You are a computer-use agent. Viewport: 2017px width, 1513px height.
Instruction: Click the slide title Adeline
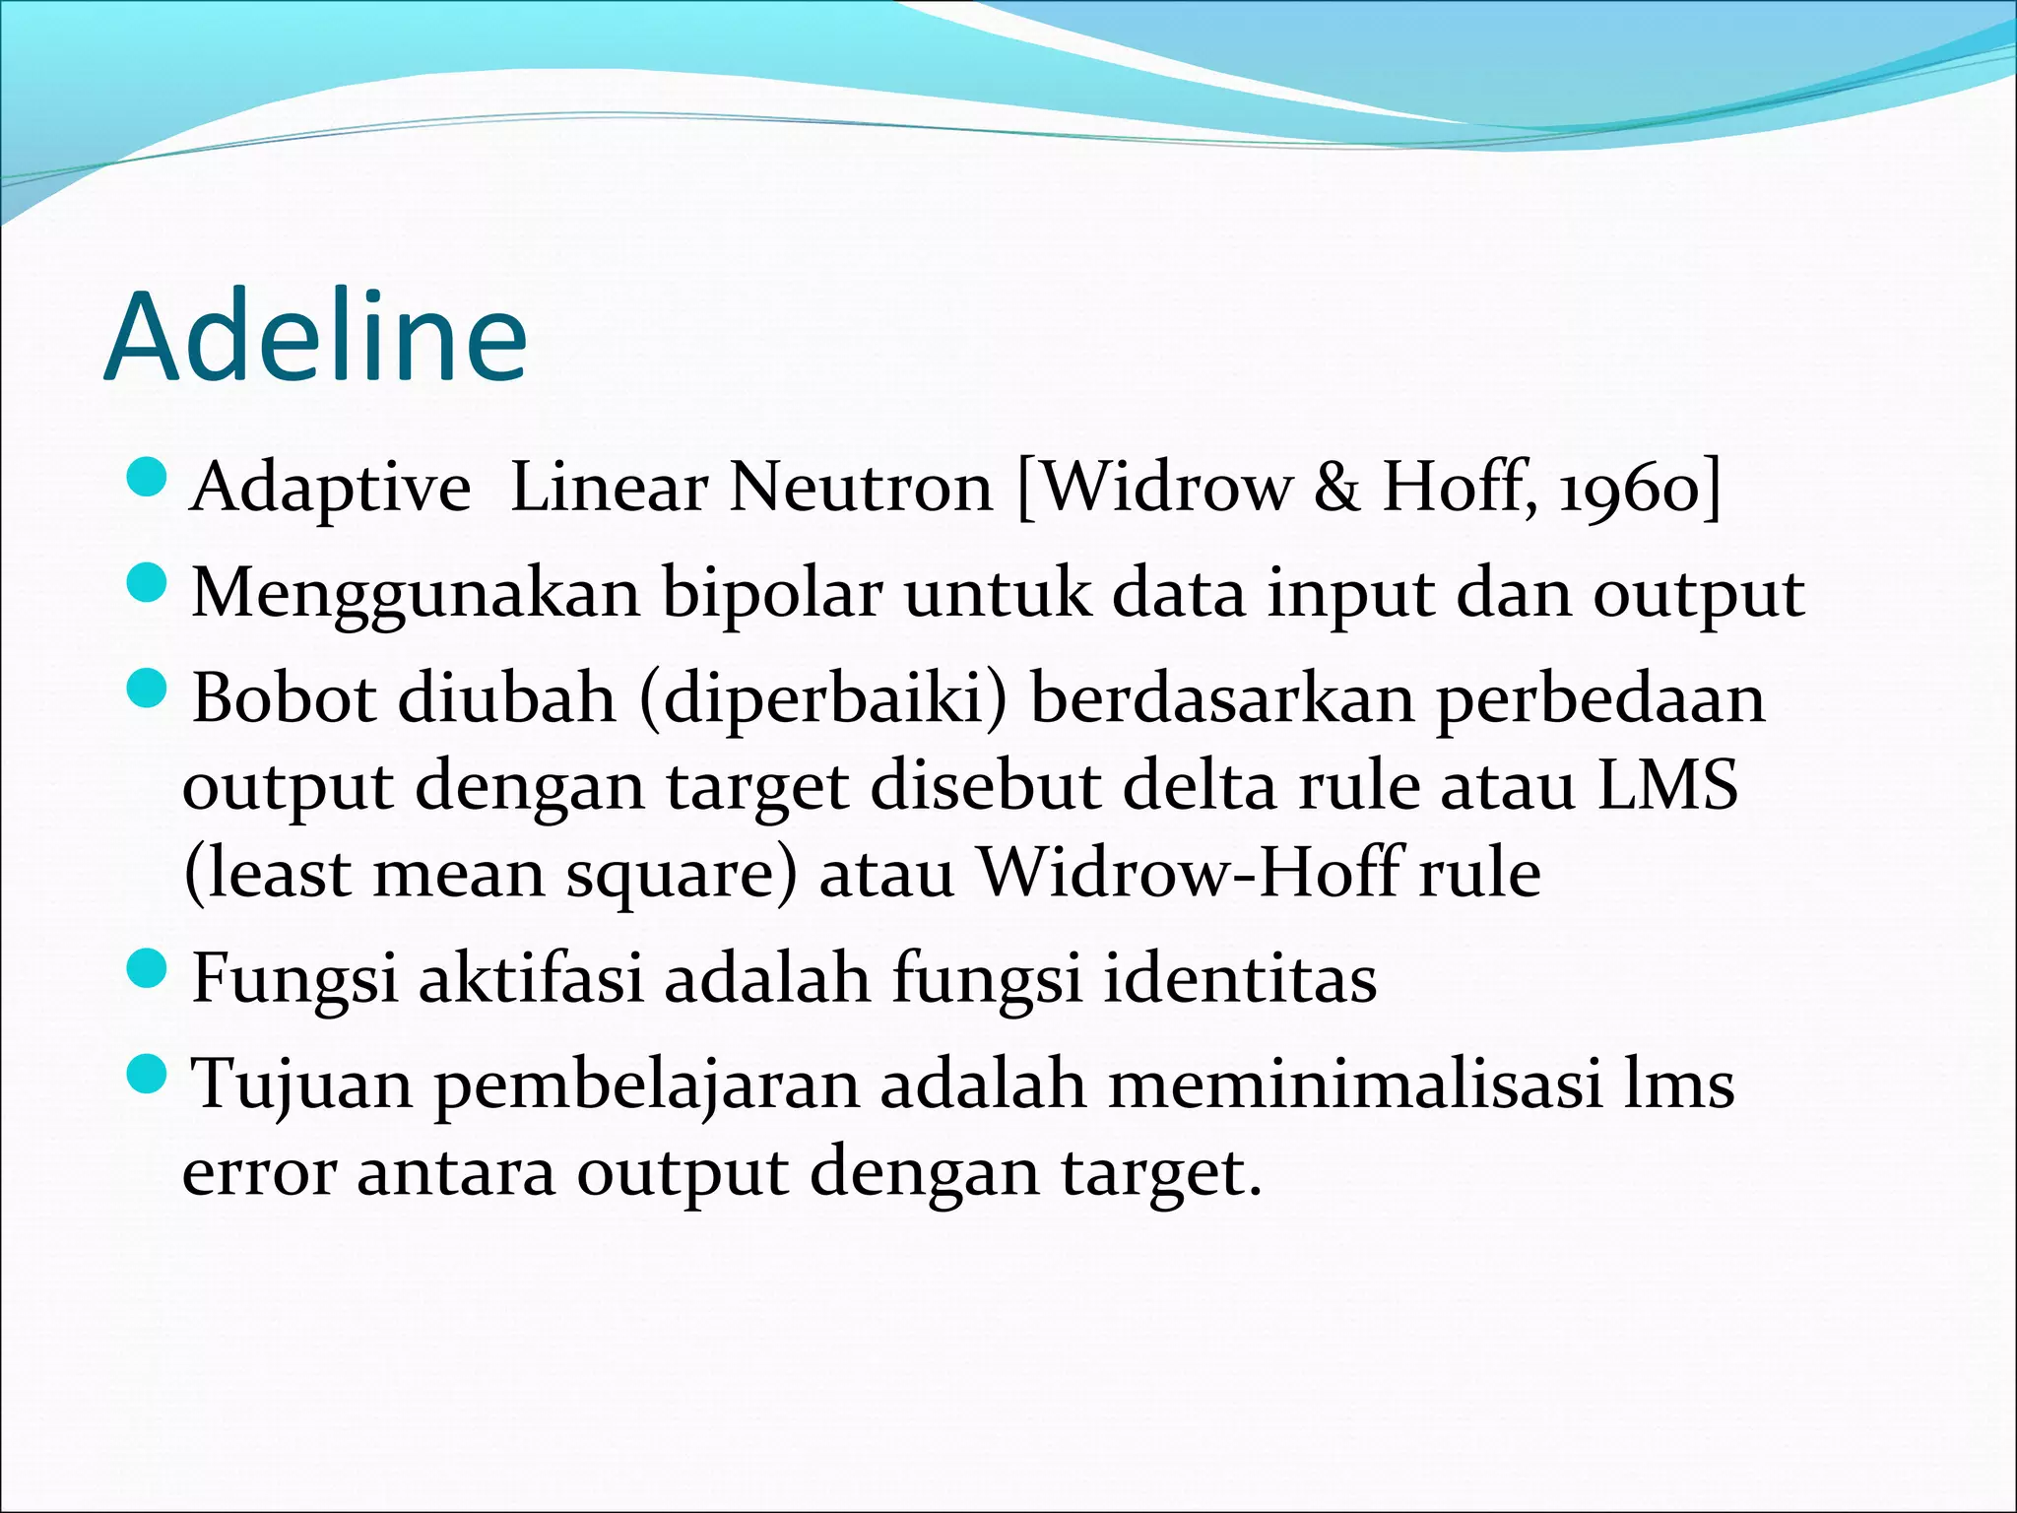315,337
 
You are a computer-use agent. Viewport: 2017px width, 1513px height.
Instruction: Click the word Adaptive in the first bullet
331,488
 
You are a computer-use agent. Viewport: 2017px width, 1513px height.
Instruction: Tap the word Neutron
861,488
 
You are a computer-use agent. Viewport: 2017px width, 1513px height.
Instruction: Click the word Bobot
285,698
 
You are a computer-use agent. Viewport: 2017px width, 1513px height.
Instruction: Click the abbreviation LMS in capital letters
1667,786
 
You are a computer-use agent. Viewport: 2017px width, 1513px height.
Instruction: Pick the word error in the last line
259,1173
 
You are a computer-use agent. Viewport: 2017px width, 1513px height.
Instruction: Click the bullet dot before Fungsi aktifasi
149,969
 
